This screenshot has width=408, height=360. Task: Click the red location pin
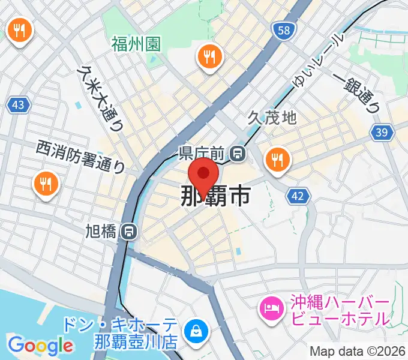coord(203,175)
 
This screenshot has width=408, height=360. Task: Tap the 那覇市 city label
coord(215,196)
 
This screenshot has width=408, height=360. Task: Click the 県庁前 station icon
coord(239,154)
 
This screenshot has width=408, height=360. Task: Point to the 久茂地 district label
coord(272,117)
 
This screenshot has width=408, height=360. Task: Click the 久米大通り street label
coord(100,98)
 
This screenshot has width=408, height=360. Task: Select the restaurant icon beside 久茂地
coord(278,160)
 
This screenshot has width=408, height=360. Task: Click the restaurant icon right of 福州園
coord(209,58)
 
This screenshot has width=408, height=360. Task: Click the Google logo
coord(41,345)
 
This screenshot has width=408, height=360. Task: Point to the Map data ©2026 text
coord(358,351)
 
